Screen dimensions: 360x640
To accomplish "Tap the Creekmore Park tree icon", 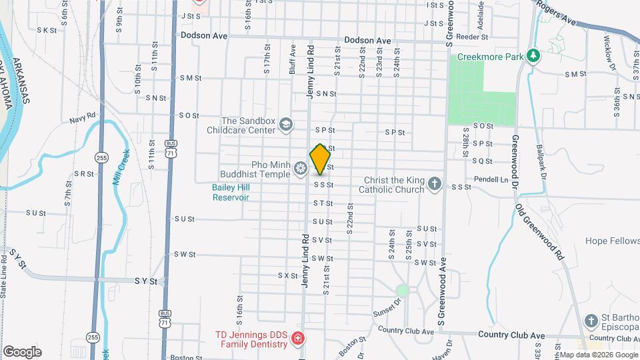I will [533, 56].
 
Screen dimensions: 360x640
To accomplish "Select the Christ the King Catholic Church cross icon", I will [434, 183].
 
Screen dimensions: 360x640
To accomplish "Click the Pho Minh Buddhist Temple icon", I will [301, 168].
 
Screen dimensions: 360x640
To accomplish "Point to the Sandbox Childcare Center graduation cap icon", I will [286, 125].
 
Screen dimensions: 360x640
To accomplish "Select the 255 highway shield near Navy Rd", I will [101, 158].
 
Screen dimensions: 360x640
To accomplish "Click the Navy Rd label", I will [83, 121].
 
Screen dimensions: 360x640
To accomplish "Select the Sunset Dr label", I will [389, 307].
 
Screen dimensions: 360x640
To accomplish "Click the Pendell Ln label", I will [491, 179].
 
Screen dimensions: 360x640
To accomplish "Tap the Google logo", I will [22, 351].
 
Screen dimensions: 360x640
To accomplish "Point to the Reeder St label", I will [476, 37].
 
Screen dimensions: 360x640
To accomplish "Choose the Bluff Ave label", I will [293, 51].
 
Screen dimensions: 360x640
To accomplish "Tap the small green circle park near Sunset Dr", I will [402, 291].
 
